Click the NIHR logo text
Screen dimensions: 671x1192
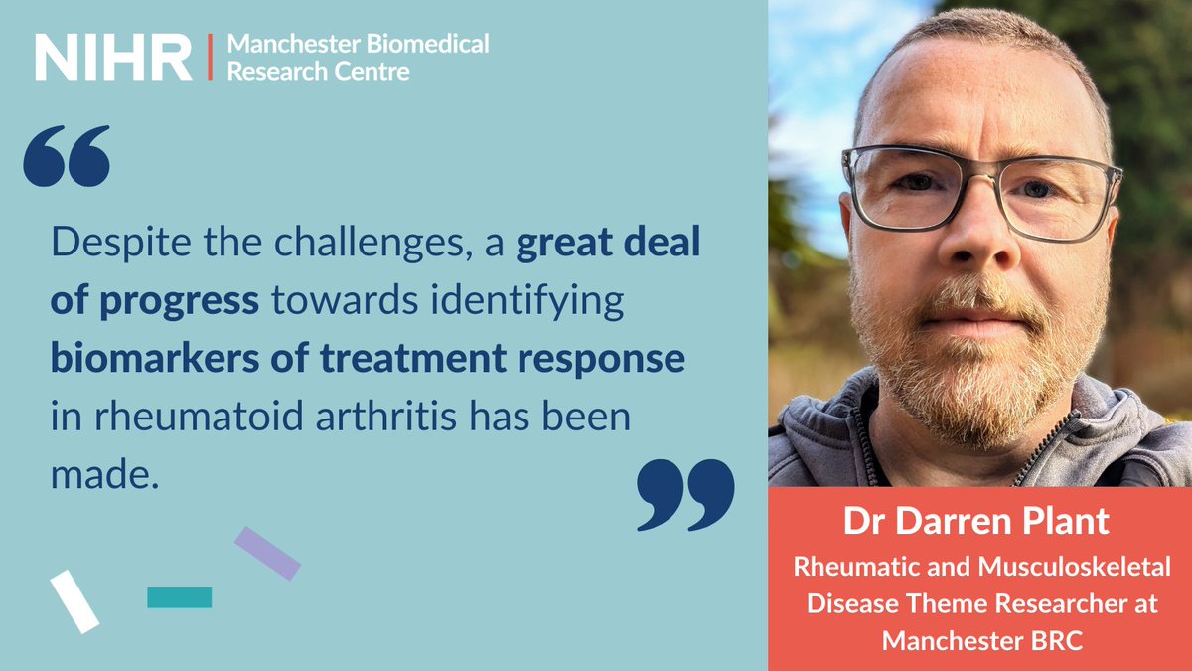point(113,58)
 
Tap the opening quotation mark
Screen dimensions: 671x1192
point(67,156)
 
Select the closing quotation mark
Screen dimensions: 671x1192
point(685,494)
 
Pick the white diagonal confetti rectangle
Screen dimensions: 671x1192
point(74,601)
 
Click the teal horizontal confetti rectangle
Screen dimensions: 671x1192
point(179,597)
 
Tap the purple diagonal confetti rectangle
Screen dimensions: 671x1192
point(267,554)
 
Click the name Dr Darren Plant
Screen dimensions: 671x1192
point(979,523)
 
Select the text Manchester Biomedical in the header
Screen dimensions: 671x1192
point(359,45)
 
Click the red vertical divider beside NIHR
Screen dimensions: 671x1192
point(210,57)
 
